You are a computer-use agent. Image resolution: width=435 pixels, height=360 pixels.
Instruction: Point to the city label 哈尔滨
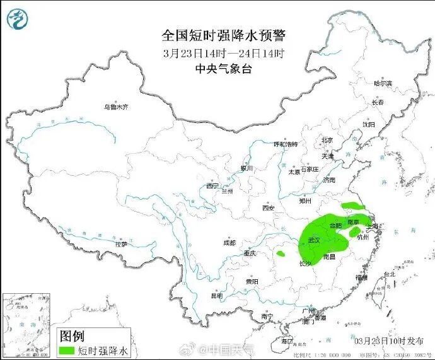pos(383,83)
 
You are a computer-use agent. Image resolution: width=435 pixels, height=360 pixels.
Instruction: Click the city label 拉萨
pos(120,243)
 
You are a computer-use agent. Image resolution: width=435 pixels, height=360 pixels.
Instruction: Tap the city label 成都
pos(229,243)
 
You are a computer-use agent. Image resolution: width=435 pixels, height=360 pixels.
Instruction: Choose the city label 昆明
pos(217,295)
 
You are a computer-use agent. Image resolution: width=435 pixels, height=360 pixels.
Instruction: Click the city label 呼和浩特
pos(285,144)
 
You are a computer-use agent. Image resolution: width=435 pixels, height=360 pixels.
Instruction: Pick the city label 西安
pos(269,207)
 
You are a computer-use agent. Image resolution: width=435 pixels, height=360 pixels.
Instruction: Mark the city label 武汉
pos(314,240)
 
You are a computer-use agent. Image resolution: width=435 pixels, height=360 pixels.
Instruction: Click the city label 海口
pos(287,340)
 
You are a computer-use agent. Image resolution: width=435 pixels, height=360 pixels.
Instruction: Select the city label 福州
pos(361,277)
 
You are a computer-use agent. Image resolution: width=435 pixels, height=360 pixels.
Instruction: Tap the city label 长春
pos(378,102)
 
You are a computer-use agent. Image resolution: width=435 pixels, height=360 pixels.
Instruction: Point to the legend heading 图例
pos(72,335)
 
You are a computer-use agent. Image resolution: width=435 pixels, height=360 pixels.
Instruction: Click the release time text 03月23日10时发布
pos(389,341)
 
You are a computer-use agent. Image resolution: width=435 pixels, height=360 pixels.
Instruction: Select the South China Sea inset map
pos(26,325)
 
